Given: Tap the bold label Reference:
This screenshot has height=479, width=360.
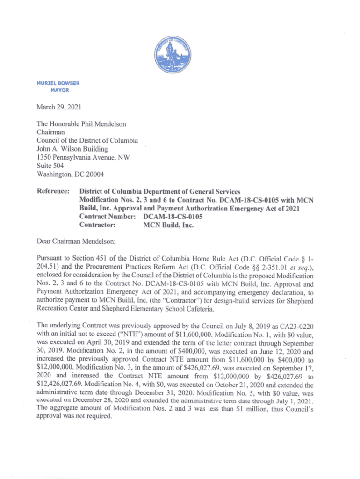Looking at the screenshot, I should click(x=53, y=191).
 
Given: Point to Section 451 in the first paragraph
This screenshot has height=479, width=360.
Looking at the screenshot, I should click(x=84, y=259).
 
